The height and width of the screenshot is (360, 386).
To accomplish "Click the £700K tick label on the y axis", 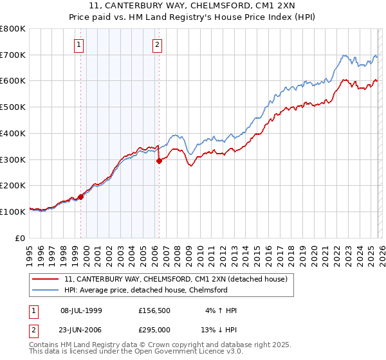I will click(x=13, y=55).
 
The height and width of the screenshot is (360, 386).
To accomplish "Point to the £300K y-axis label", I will click(x=13, y=159).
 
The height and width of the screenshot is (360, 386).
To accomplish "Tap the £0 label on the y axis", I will click(x=21, y=238).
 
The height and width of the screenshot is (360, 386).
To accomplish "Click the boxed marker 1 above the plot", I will click(x=79, y=44).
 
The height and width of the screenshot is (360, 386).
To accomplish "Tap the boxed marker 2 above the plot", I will click(x=157, y=44).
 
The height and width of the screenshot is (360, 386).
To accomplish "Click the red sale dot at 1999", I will click(x=81, y=197).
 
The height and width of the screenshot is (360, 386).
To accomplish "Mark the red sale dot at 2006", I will click(x=159, y=161).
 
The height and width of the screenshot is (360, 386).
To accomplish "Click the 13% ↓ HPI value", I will click(x=220, y=328).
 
